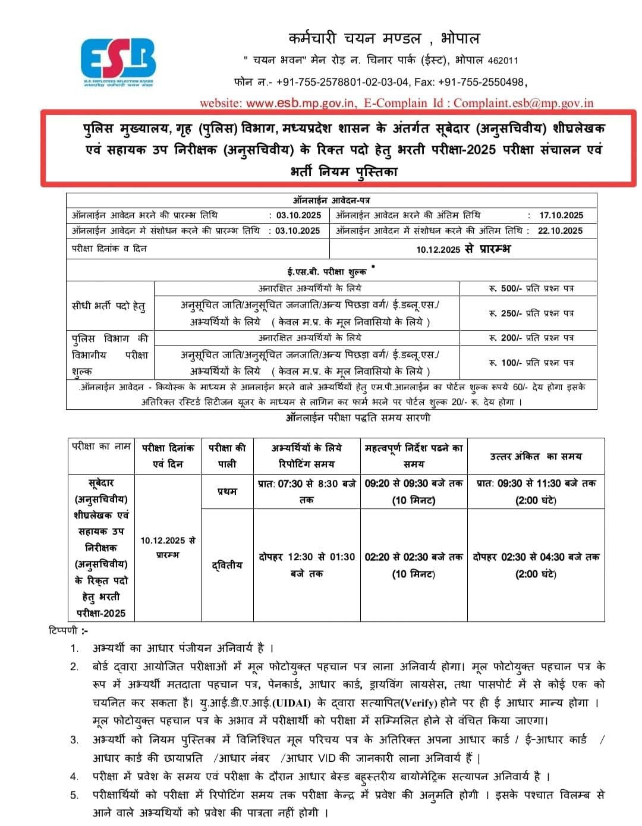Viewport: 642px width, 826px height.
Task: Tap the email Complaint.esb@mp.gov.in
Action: [x=523, y=103]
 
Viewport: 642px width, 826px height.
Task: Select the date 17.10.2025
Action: [x=561, y=215]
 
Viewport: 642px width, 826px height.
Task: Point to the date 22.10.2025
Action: [x=560, y=231]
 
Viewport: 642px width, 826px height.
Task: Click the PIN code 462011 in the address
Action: [x=503, y=61]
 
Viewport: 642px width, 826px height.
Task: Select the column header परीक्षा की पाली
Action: [x=227, y=456]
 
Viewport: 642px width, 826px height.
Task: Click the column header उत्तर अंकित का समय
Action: [x=536, y=457]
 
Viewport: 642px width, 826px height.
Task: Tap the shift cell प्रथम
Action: [x=227, y=491]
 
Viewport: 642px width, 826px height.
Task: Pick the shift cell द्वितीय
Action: [x=227, y=565]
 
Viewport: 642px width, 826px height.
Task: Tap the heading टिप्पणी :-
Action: [x=68, y=630]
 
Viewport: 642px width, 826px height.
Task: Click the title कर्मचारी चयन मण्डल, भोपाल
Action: [x=383, y=39]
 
